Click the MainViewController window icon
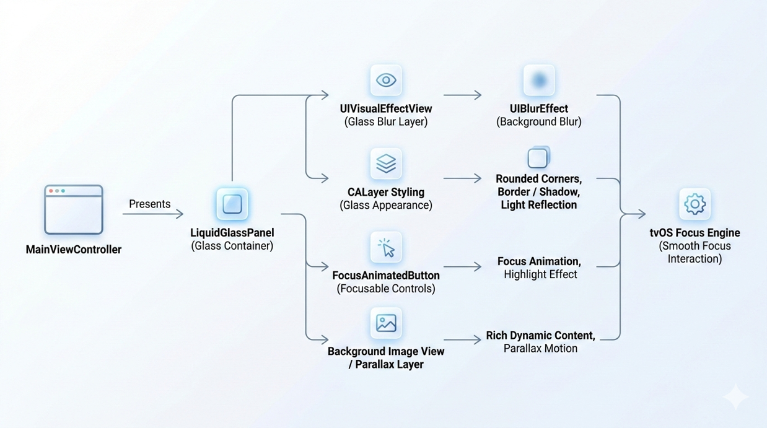73,209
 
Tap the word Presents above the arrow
149,204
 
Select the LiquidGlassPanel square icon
232,204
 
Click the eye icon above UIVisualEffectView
386,80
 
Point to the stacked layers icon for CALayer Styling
386,164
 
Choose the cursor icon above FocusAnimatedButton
386,248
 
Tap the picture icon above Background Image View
386,323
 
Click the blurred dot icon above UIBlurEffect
539,80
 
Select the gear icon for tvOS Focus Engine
695,204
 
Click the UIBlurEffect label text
539,108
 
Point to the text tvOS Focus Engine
695,233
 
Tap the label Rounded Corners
538,178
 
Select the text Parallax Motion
540,348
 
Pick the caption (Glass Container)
232,246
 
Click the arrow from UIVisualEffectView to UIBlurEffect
462,95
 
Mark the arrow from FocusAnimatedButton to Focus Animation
462,267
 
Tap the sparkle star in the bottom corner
735,397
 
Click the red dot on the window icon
51,191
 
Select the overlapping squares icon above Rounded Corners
538,158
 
